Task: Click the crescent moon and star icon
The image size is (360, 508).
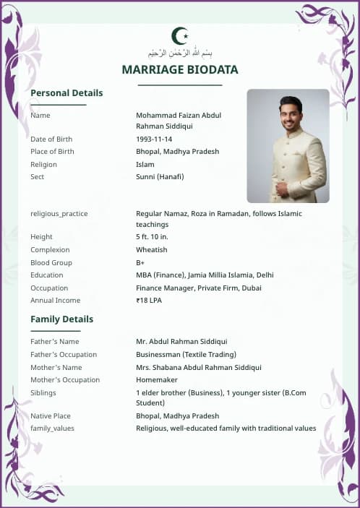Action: (x=180, y=35)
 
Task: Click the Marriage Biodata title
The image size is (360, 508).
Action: (x=180, y=69)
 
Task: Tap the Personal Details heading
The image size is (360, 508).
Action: (x=67, y=93)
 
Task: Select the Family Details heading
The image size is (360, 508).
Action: (x=61, y=319)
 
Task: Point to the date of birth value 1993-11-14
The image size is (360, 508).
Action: (x=154, y=139)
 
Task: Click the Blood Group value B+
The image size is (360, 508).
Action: (x=140, y=262)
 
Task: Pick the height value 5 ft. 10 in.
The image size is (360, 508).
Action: (x=152, y=237)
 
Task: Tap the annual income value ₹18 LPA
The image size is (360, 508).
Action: (x=149, y=301)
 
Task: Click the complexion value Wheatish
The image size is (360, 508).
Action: (x=151, y=250)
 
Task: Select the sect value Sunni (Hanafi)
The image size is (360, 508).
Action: (x=160, y=177)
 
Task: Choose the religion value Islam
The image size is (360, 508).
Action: (x=145, y=164)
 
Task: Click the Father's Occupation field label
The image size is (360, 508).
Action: (x=64, y=355)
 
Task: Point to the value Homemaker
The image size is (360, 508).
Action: (x=156, y=380)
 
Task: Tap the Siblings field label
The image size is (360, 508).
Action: (x=43, y=393)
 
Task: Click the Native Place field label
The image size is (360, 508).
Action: (x=51, y=416)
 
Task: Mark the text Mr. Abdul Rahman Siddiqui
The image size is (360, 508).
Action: (x=181, y=342)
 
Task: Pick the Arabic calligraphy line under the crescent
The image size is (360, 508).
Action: (x=180, y=53)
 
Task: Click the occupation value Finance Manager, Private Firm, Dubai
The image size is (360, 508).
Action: (x=199, y=288)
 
